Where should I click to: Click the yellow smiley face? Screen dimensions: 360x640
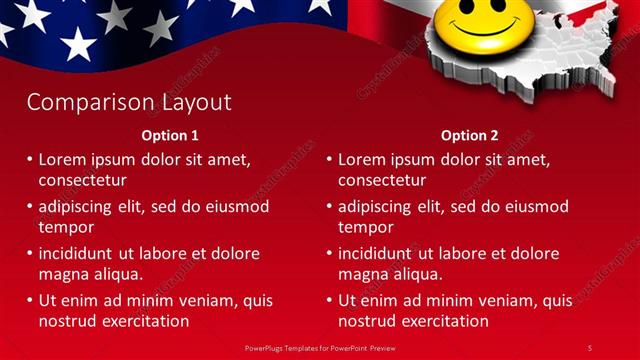pos(474,25)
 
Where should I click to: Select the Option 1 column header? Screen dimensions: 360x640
pos(169,135)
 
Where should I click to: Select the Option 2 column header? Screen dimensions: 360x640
pos(469,135)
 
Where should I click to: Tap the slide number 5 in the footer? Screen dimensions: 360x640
pos(590,347)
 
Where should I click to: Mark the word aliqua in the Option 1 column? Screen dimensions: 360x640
pos(118,274)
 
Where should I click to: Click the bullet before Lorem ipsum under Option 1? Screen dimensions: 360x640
pos(30,160)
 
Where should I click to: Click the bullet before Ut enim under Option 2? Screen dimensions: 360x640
pos(330,301)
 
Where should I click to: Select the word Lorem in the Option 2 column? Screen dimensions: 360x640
pos(362,160)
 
